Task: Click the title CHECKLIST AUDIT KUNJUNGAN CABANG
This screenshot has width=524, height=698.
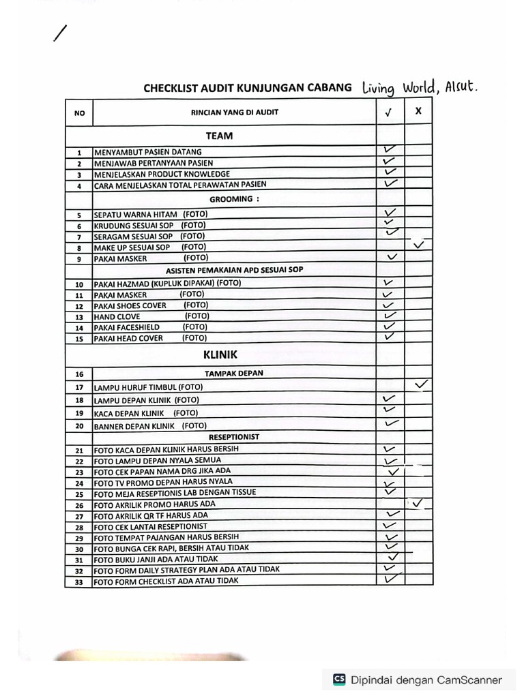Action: [248, 88]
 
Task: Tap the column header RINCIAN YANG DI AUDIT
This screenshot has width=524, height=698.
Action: [234, 112]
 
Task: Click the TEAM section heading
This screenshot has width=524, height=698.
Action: [219, 136]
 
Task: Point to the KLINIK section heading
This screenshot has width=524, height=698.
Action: [220, 354]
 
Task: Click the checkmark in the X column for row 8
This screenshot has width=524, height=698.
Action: [418, 245]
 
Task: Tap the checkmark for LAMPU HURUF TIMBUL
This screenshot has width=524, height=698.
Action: [421, 385]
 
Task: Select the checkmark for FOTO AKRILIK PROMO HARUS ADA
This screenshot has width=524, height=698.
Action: [418, 503]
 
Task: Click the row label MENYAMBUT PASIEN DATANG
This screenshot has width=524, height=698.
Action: [147, 152]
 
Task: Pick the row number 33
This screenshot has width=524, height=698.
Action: [79, 582]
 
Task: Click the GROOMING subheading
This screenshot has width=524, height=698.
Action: [234, 199]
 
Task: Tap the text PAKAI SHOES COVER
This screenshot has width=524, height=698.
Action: [130, 305]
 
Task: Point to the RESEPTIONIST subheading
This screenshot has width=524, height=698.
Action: [235, 437]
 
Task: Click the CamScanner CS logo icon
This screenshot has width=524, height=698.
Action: [339, 679]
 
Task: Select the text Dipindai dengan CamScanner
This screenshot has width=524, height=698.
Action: [426, 680]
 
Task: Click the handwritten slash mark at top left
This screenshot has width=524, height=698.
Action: [61, 33]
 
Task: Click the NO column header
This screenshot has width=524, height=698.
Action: [79, 113]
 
